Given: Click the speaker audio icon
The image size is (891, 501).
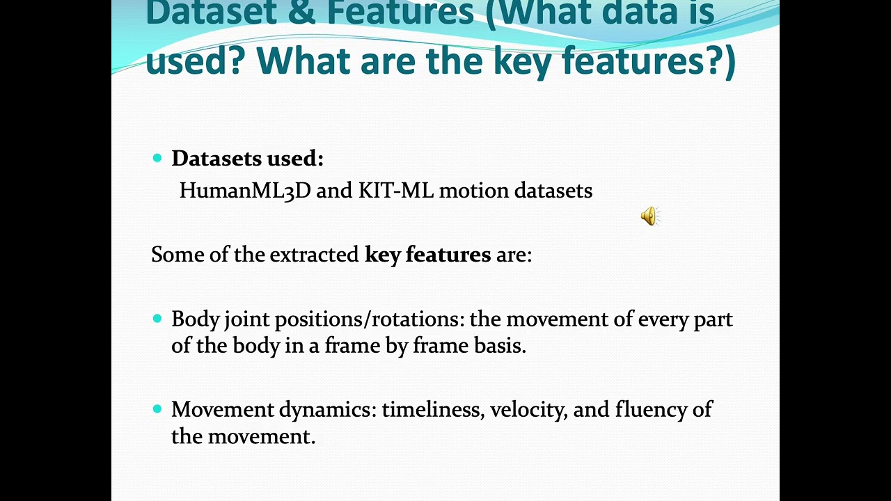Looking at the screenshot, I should coord(649,216).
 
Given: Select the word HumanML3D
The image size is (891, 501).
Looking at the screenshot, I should coord(244,191).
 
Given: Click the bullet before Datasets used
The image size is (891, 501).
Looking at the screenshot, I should coord(157,159).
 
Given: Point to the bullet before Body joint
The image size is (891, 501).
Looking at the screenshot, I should coord(157,319).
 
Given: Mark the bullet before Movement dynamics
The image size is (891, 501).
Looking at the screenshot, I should coord(157,409).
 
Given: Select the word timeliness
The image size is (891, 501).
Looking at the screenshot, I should coord(432,409).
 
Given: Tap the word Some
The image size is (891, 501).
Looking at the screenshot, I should coord(178,255).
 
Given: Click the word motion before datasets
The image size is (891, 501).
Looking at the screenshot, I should coord(474,191).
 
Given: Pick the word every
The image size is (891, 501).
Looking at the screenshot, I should coord(663,319).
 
